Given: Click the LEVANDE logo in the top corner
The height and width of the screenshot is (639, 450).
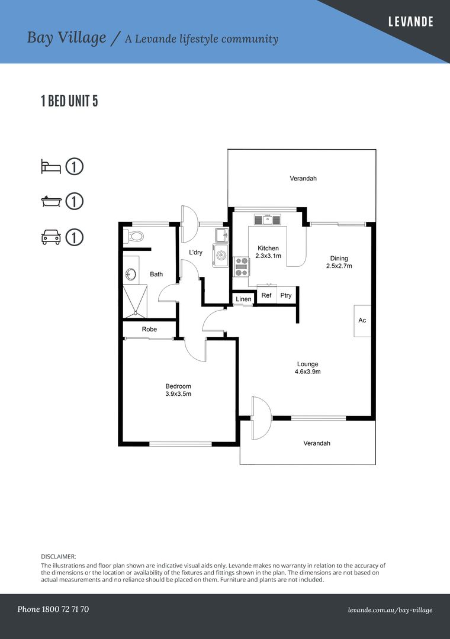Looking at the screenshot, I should click(410, 22).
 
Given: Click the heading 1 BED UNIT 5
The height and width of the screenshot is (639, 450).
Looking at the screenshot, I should click(69, 101).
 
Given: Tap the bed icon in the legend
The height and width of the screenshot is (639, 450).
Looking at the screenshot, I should click(51, 166).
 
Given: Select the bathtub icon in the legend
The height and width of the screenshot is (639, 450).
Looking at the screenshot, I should click(51, 201).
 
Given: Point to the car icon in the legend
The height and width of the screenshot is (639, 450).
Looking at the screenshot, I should click(51, 237).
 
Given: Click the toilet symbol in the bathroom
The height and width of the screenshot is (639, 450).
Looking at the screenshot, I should click(134, 237).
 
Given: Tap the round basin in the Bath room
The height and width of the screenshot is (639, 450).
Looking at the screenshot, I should click(131, 274).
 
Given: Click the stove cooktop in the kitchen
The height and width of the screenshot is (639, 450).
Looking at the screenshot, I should click(242, 266).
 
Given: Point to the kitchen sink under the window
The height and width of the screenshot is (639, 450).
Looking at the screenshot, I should click(268, 220).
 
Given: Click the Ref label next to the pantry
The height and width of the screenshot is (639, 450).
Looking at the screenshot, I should click(266, 295).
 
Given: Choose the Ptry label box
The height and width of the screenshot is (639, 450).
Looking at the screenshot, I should click(286, 295).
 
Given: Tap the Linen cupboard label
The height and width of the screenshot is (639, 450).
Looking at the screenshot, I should click(243, 299).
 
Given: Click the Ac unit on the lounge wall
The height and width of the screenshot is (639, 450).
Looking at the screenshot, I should click(362, 321).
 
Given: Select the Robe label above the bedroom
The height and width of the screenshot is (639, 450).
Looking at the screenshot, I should click(149, 329).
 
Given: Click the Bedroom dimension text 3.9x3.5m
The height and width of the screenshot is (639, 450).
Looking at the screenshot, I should click(178, 393).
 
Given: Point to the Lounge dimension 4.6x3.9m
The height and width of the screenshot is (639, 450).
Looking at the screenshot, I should click(307, 372).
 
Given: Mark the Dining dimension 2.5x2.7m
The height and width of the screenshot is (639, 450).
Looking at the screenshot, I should click(339, 266).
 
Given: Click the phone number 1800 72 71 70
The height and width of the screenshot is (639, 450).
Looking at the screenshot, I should click(53, 609).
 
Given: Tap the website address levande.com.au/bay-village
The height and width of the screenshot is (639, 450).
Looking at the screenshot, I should click(390, 609).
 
